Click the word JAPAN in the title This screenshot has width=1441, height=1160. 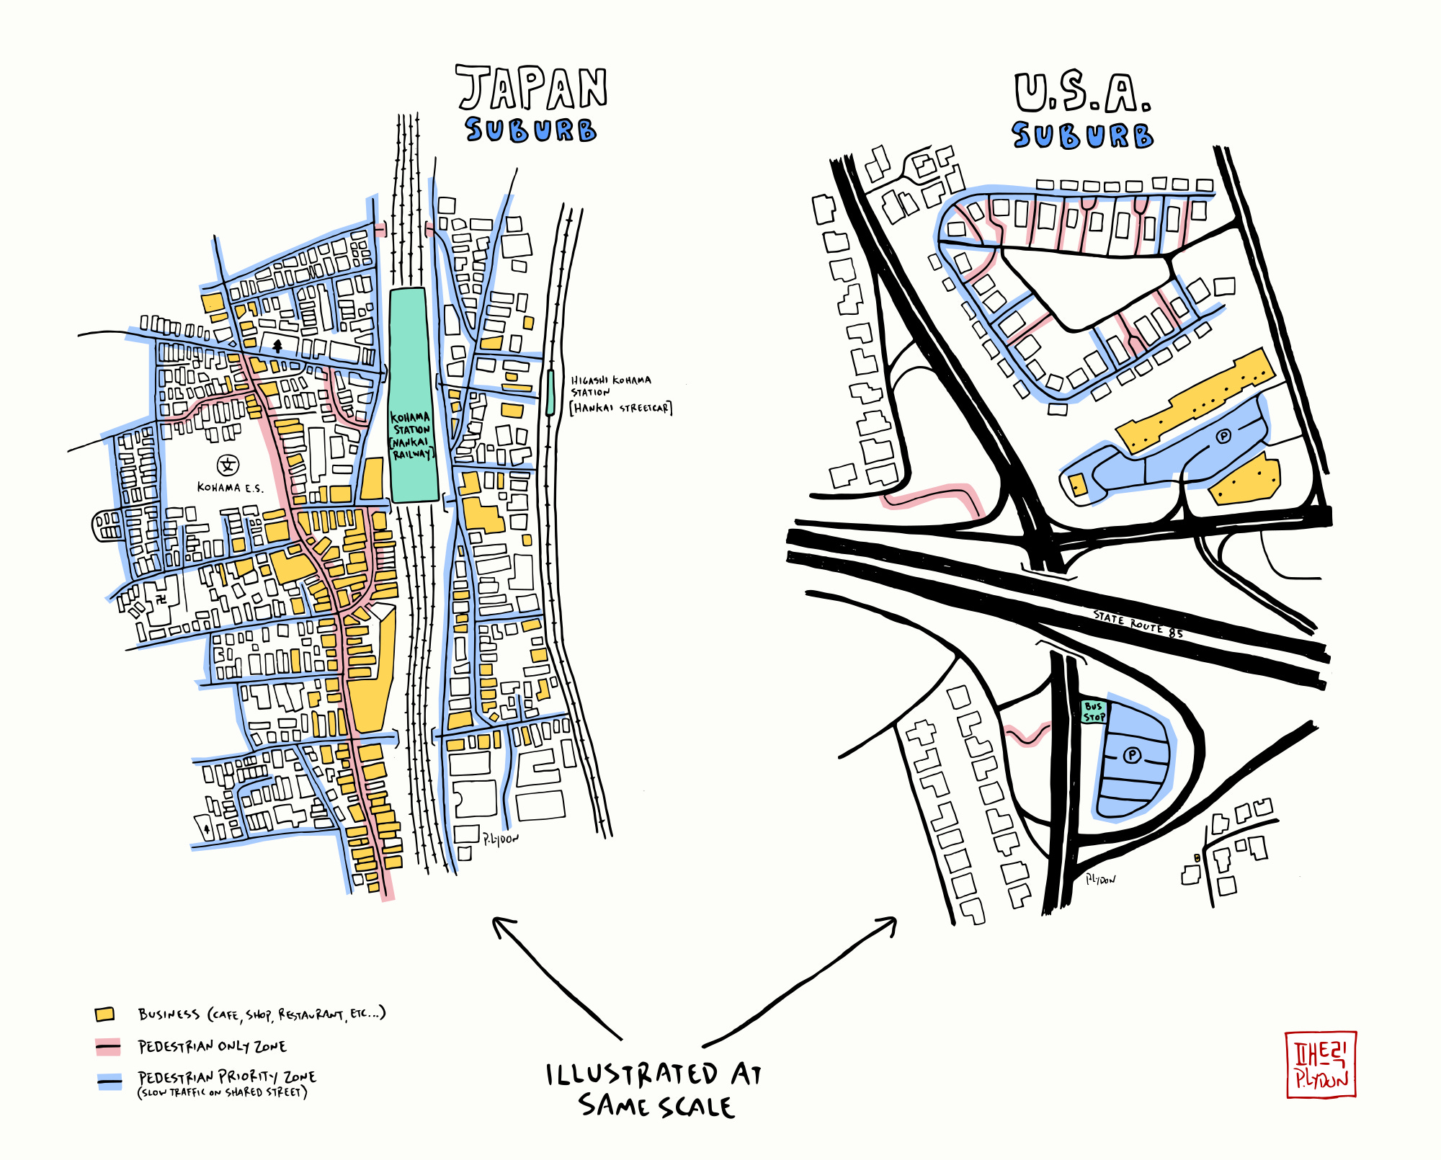532,89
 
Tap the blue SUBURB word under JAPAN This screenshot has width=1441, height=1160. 530,130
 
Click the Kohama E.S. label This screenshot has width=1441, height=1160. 230,488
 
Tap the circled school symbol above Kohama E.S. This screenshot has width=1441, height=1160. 228,465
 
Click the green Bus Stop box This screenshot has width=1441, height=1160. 1094,712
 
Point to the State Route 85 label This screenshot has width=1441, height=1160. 1138,624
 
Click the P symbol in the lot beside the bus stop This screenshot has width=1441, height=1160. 1132,754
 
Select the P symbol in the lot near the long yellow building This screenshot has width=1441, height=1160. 1223,436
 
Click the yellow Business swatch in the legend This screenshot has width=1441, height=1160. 105,1014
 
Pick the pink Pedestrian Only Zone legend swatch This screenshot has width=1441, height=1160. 108,1046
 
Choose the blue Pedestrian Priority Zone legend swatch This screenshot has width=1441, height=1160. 110,1081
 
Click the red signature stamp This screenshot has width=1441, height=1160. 1320,1064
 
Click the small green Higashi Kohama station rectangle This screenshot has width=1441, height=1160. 550,393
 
